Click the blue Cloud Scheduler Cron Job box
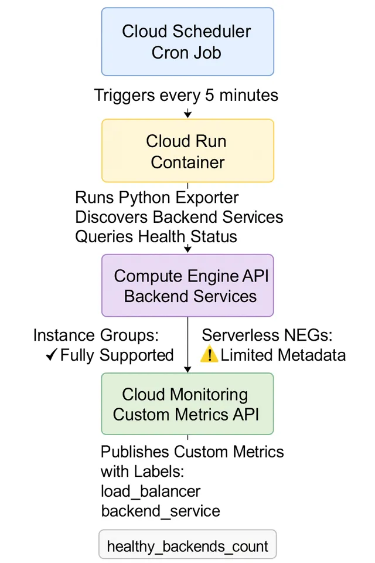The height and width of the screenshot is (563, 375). pyautogui.click(x=187, y=42)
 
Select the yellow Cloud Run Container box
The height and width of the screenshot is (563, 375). pyautogui.click(x=187, y=151)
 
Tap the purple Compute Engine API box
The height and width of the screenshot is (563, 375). pyautogui.click(x=187, y=286)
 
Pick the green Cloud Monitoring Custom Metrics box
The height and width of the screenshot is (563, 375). pyautogui.click(x=187, y=403)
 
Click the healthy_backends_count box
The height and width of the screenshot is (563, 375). pyautogui.click(x=187, y=546)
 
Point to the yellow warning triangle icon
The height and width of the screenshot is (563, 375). pyautogui.click(x=209, y=355)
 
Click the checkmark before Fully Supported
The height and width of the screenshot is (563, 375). pyautogui.click(x=51, y=355)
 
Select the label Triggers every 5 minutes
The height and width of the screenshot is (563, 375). pyautogui.click(x=186, y=95)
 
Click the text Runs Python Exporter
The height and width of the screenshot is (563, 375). pyautogui.click(x=157, y=198)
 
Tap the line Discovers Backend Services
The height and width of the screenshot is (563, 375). pyautogui.click(x=179, y=217)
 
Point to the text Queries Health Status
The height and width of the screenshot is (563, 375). pyautogui.click(x=156, y=236)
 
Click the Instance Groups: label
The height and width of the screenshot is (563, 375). pyautogui.click(x=96, y=335)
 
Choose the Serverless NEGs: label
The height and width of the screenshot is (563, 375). pyautogui.click(x=267, y=335)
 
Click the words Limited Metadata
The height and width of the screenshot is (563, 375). pyautogui.click(x=283, y=355)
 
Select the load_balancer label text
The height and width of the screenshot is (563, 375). pyautogui.click(x=151, y=491)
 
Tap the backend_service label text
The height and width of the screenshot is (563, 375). pyautogui.click(x=161, y=511)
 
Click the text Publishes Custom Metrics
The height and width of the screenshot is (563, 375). pyautogui.click(x=192, y=452)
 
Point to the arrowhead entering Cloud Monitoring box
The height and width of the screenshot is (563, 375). pyautogui.click(x=187, y=369)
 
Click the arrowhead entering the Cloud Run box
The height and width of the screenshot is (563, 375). pyautogui.click(x=187, y=114)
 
